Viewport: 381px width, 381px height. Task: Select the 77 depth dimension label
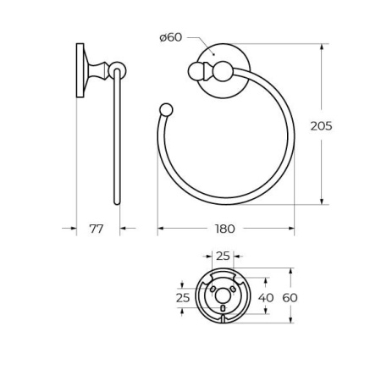coord(98,229)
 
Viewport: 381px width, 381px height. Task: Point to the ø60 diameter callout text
coord(171,36)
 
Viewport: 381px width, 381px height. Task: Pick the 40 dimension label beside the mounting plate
coord(266,297)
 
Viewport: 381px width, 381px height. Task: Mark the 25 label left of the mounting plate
coord(183,297)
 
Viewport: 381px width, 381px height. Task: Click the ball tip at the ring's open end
coord(166,108)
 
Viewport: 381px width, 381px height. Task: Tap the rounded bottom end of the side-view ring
coord(117,201)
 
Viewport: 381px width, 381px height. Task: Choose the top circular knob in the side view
coord(118,70)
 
